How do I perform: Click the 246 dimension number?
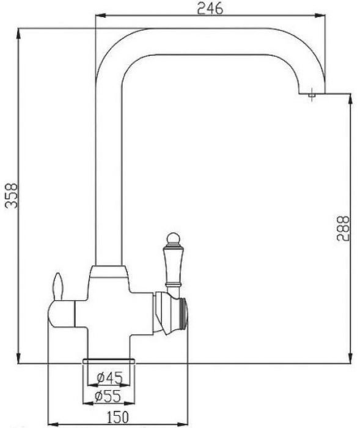tap(209, 9)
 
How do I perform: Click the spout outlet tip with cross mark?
tap(312, 95)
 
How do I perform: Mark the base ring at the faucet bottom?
tap(109, 361)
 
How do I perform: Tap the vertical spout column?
tap(108, 183)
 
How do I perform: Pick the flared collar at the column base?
tap(108, 273)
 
